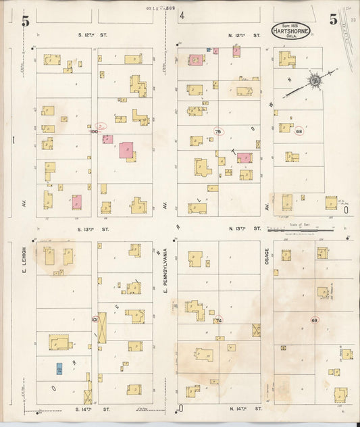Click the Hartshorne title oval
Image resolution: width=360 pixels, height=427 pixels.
click(x=291, y=30)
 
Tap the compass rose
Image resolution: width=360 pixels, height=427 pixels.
click(x=315, y=81)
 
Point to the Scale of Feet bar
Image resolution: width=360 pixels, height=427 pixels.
click(x=294, y=230)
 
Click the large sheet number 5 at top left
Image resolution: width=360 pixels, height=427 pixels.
click(x=26, y=20)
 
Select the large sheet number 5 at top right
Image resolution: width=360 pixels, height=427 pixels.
click(x=334, y=20)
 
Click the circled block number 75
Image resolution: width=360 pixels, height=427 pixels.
click(x=217, y=130)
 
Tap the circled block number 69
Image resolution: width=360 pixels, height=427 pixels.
click(x=314, y=320)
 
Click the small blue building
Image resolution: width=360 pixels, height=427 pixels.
click(x=59, y=369)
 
